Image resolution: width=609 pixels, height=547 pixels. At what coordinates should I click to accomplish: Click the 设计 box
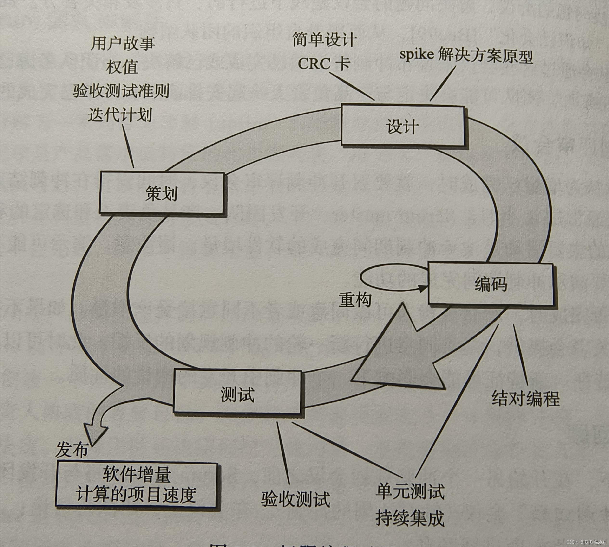coord(402,126)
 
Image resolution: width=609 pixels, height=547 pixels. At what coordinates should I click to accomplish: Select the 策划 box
coord(162,193)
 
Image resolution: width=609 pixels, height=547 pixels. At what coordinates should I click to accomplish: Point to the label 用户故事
coord(123,42)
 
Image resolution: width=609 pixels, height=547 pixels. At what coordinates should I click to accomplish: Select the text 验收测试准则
coord(121,90)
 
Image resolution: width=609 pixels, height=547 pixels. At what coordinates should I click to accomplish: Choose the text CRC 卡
coord(324,64)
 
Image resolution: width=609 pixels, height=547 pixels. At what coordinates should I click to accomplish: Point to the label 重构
coord(355,300)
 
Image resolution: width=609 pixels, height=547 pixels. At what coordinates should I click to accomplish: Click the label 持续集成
coord(410,518)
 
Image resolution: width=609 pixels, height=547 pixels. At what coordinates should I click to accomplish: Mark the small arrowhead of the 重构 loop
coord(423,288)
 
